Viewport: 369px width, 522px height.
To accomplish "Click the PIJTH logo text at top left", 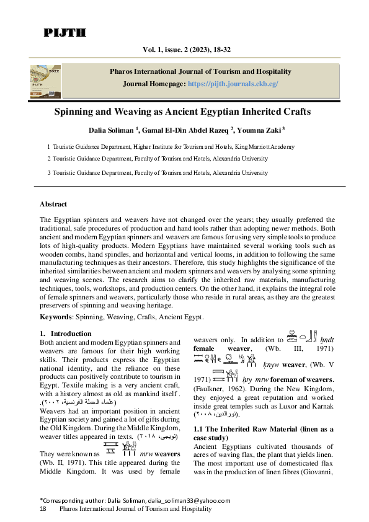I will pos(64,33).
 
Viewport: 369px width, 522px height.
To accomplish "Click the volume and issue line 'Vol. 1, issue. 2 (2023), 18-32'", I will pos(184,49).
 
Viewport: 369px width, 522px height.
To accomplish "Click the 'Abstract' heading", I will pos(53,204).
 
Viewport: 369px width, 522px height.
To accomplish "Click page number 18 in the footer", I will pos(43,508).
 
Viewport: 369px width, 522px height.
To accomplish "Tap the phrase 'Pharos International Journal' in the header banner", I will pos(166,71).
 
